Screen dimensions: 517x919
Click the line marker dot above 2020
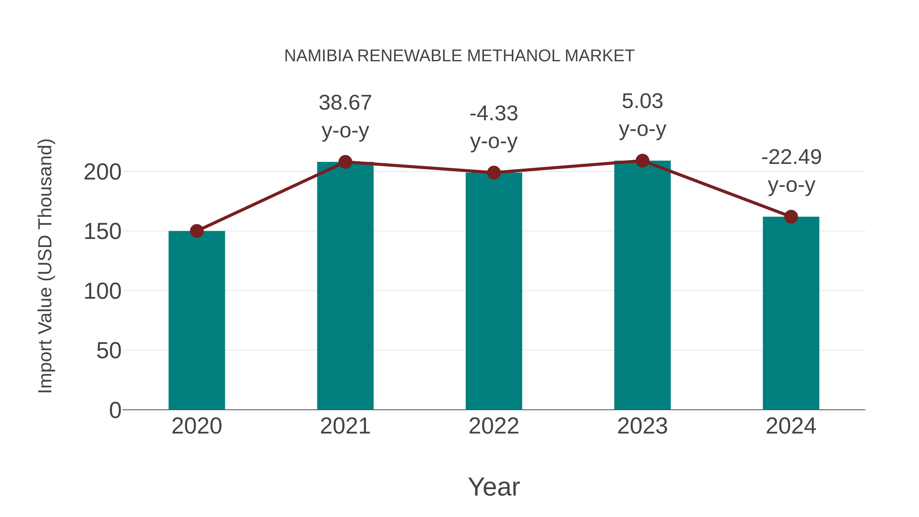(197, 231)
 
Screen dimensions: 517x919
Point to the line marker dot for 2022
(494, 173)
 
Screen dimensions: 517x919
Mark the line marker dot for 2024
(791, 217)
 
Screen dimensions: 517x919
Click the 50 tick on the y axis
(109, 351)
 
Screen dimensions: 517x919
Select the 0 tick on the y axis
(115, 410)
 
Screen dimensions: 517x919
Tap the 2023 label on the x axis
(642, 426)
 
